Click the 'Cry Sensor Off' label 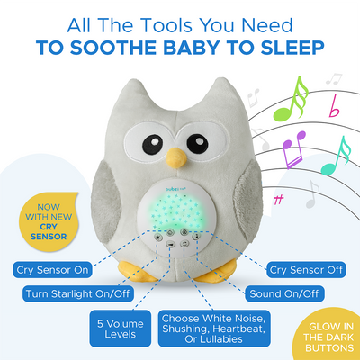(x=307, y=268)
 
